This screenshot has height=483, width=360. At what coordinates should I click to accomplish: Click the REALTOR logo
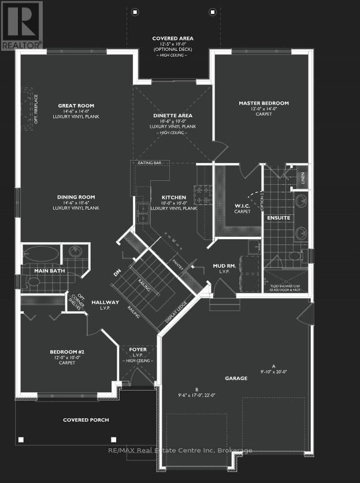21,25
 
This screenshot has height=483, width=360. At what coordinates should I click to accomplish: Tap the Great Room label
76,106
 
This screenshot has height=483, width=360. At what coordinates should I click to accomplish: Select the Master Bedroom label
263,103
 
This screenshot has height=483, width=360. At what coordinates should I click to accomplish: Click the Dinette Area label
173,116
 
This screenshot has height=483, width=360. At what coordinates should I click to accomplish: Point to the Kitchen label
173,197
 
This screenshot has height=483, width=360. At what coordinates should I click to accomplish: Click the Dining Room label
76,197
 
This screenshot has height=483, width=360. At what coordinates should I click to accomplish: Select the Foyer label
138,350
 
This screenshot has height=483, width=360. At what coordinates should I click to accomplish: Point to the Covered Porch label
86,420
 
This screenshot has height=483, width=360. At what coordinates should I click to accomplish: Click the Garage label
236,378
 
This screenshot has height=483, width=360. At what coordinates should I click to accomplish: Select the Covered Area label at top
173,39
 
